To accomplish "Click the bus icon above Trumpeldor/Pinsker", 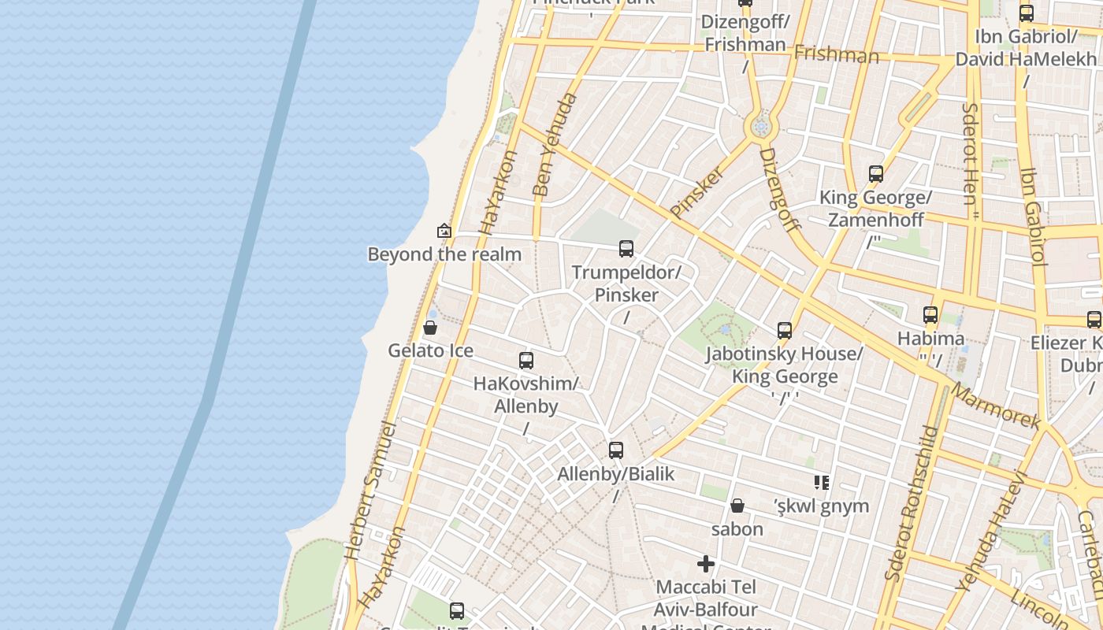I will click(x=626, y=249).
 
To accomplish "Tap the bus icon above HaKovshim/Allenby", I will click(x=526, y=361).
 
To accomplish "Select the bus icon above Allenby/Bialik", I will click(x=616, y=450).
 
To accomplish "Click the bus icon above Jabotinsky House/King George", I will click(x=785, y=331).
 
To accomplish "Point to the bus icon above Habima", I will click(x=930, y=315).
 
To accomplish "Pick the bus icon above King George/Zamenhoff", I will click(x=876, y=174).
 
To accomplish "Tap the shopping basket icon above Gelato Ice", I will click(x=430, y=328).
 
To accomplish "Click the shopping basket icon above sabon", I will click(x=737, y=506).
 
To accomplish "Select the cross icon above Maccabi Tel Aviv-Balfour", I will click(x=706, y=564).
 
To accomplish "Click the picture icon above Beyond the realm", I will click(x=444, y=231).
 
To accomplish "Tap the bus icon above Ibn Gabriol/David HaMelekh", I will click(x=1026, y=13).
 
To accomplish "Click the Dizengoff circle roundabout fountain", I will click(x=760, y=126).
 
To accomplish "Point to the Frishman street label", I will click(x=836, y=54).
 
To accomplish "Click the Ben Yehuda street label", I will click(x=555, y=145).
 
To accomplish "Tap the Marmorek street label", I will click(x=995, y=406).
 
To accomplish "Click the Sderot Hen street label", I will click(x=970, y=154).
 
